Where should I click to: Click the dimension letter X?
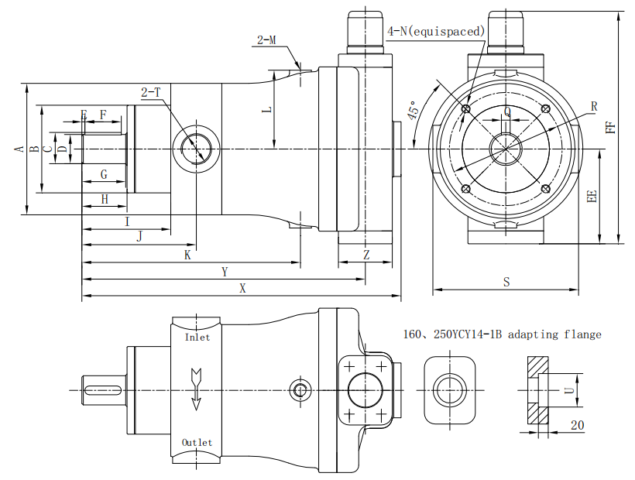point(242,288)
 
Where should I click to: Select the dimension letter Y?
point(225,272)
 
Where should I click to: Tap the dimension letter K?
point(187,255)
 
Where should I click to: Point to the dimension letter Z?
point(366,255)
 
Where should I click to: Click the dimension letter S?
point(506,283)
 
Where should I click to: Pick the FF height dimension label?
point(611,126)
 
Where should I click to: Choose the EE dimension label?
point(592,197)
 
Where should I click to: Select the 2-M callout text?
point(267,39)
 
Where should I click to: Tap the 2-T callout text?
point(151,92)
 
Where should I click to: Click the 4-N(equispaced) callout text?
point(436,31)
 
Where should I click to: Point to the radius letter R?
point(594,105)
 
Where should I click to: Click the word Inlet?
point(197,338)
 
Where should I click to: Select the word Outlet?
point(197,442)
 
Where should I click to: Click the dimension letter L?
point(267,111)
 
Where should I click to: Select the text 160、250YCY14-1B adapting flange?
point(502,334)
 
